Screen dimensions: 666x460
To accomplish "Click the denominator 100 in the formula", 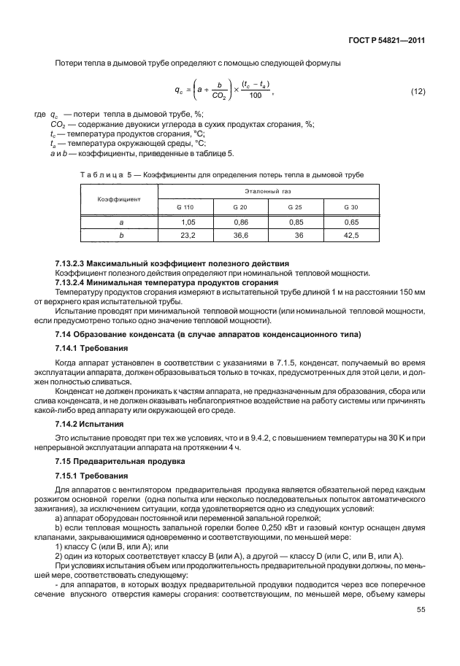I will pyautogui.click(x=255, y=96).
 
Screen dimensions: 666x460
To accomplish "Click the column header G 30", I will pyautogui.click(x=351, y=208).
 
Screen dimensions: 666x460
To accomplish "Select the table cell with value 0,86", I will pyautogui.click(x=241, y=221).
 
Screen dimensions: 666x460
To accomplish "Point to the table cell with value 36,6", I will pyautogui.click(x=241, y=235).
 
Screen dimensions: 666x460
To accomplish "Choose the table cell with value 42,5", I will pyautogui.click(x=351, y=235).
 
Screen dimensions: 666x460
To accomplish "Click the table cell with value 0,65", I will pyautogui.click(x=351, y=221).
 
